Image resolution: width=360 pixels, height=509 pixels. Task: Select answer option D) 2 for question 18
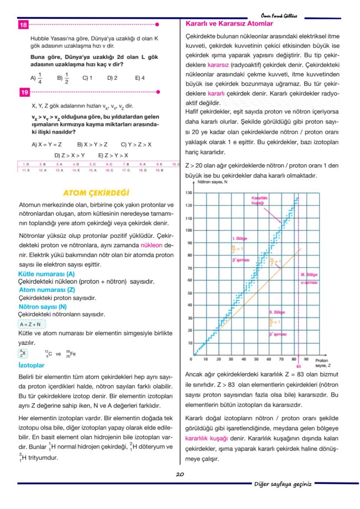tap(112, 78)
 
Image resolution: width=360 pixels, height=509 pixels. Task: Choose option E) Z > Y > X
tap(113, 155)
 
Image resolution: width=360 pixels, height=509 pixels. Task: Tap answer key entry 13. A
tap(59, 170)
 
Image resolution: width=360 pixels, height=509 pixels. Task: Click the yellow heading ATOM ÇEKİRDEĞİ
tap(96, 193)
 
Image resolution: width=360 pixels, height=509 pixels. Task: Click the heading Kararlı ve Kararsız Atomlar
tap(229, 24)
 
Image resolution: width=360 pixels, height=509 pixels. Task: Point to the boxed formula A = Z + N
tap(32, 324)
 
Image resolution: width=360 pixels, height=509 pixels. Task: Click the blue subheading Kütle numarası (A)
tap(47, 274)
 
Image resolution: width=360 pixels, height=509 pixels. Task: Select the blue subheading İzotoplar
tap(32, 365)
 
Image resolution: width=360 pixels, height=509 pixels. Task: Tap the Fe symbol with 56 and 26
tap(71, 354)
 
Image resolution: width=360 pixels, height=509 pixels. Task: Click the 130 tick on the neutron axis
tap(189, 193)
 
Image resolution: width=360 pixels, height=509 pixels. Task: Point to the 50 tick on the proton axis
tap(256, 359)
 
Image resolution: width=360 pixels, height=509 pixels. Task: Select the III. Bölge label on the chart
tap(309, 275)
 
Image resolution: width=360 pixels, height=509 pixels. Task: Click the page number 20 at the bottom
tap(180, 474)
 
